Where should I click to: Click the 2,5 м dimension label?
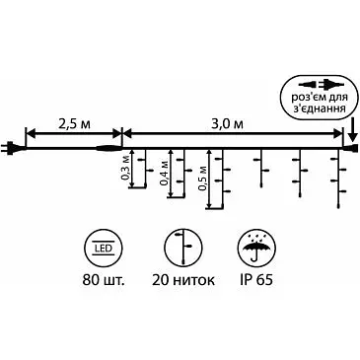coord(73,124)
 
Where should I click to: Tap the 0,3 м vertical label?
coord(126,172)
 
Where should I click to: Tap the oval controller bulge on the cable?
coord(108,148)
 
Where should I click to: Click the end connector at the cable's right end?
coord(350,148)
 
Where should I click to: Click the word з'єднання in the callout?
coord(318,108)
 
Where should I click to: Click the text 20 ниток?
coord(183,280)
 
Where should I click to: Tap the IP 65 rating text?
coord(255,280)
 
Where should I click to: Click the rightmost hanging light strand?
coord(338,178)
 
